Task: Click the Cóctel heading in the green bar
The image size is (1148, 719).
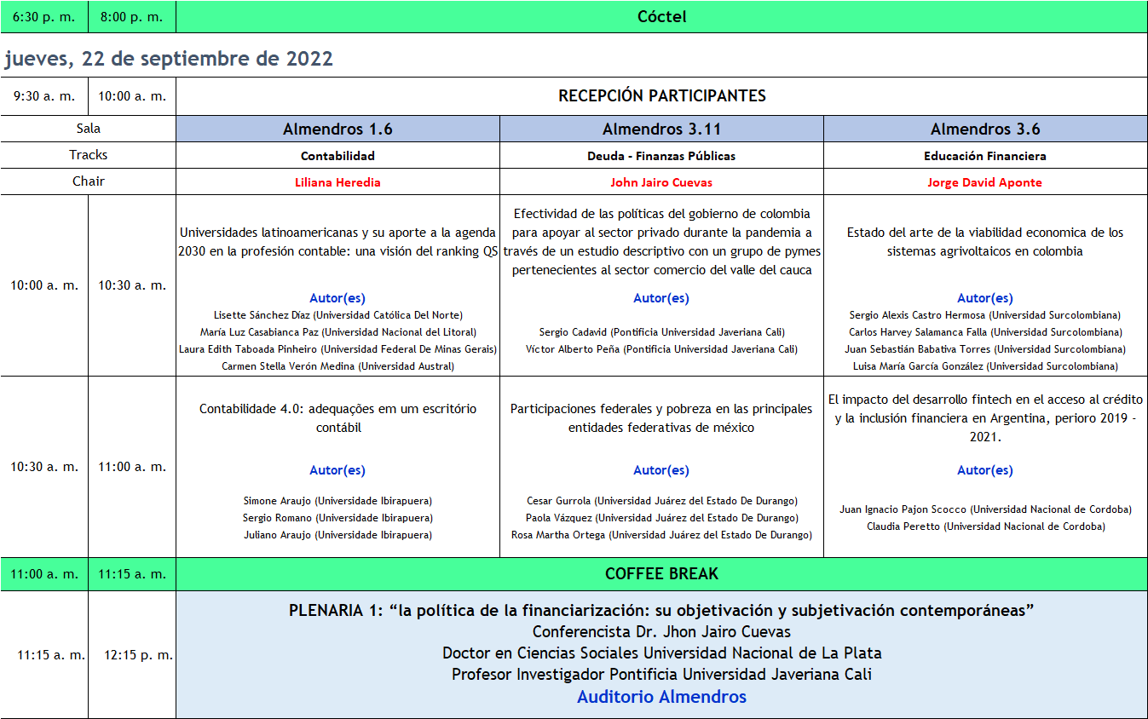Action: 661,17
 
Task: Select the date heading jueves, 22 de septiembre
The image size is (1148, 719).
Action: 169,59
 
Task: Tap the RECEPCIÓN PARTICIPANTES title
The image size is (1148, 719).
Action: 661,96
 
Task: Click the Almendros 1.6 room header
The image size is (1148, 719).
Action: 337,129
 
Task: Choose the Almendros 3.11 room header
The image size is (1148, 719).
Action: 661,129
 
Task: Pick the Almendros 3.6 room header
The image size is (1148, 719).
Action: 985,129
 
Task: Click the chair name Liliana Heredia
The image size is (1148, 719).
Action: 337,182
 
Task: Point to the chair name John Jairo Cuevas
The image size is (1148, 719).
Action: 661,182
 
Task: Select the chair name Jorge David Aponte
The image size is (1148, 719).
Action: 984,182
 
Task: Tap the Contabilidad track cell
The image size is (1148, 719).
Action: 337,156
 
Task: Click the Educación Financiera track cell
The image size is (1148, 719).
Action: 984,156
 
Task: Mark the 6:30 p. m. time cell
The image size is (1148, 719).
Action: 43,17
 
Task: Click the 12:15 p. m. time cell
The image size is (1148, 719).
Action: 138,655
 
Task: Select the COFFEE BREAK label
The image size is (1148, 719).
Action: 661,574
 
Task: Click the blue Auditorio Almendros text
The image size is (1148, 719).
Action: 661,697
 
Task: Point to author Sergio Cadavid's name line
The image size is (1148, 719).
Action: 661,332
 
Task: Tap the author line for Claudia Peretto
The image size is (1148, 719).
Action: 985,526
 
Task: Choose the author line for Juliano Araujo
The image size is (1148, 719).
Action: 337,535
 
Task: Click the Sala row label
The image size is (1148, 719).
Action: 88,129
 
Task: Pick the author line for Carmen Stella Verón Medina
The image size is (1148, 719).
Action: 337,366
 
